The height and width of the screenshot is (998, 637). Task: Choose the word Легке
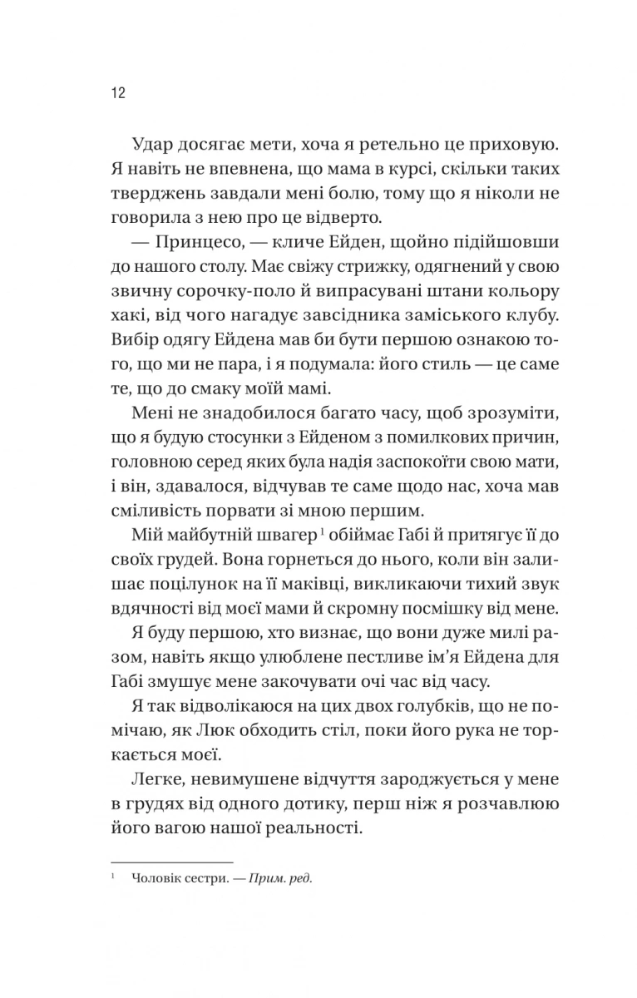point(161,778)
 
